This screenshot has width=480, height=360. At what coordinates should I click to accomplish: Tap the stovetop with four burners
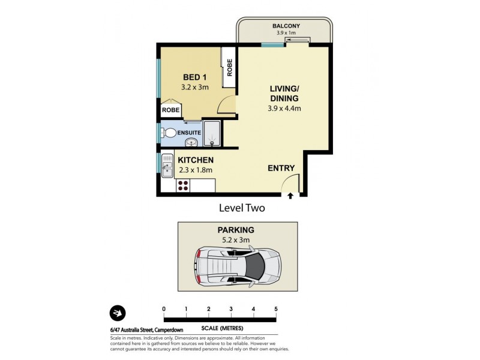pyautogui.click(x=183, y=185)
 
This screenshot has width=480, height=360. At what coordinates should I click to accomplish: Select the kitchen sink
pyautogui.click(x=167, y=166)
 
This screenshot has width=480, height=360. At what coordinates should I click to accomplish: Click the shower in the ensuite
pyautogui.click(x=212, y=133)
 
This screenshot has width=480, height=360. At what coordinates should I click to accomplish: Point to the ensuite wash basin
pyautogui.click(x=191, y=142)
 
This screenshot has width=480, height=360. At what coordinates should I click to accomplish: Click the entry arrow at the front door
pyautogui.click(x=290, y=196)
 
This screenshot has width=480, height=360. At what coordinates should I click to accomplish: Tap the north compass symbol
pyautogui.click(x=118, y=313)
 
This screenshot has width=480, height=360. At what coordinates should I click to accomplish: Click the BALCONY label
pyautogui.click(x=286, y=26)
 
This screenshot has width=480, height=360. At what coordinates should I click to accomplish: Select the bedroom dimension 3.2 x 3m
pyautogui.click(x=194, y=87)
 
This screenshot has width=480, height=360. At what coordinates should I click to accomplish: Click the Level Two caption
pyautogui.click(x=242, y=208)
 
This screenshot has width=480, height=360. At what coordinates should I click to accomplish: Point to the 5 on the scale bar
pyautogui.click(x=276, y=309)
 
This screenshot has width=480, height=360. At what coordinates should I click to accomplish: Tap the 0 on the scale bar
pyautogui.click(x=164, y=309)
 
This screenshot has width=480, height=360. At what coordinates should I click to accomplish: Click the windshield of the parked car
pyautogui.click(x=256, y=266)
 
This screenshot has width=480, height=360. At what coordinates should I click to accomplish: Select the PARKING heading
pyautogui.click(x=236, y=230)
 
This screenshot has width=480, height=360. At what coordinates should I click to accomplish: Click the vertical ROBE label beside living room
pyautogui.click(x=230, y=68)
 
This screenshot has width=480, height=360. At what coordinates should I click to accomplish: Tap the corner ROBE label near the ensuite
pyautogui.click(x=170, y=110)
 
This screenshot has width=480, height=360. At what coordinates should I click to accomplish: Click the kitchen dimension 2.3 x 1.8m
pyautogui.click(x=196, y=170)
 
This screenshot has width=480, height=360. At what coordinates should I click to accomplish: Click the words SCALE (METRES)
pyautogui.click(x=222, y=328)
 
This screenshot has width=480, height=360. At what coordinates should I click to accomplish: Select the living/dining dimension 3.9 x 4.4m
pyautogui.click(x=284, y=109)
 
